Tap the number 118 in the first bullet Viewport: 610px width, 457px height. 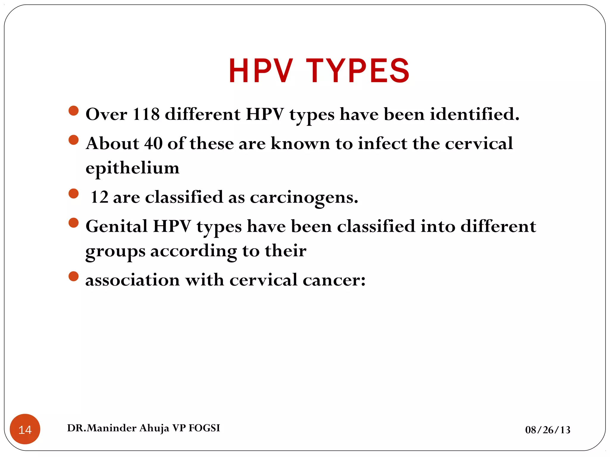146,114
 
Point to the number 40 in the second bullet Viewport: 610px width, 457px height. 153,143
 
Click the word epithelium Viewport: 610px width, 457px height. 133,168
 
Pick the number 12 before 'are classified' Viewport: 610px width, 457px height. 99,197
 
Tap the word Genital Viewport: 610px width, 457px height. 116,226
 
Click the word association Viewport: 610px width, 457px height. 133,280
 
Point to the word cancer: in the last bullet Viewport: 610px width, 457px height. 334,280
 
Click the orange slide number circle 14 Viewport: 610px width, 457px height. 25,429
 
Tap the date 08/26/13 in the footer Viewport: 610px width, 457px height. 548,430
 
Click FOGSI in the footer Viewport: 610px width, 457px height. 204,428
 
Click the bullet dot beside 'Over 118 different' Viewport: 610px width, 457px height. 73,111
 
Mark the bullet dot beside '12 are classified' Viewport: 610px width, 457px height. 73,193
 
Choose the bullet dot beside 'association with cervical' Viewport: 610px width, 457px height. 73,276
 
